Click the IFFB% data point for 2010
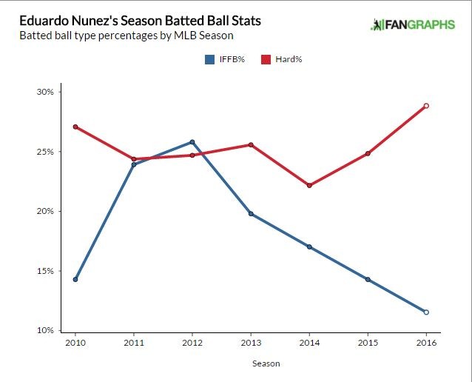75,279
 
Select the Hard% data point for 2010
75,127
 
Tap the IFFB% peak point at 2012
192,142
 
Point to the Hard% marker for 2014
309,185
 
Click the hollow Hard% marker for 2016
426,106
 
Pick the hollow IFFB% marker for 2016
426,312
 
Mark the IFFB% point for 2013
251,214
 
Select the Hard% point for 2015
368,153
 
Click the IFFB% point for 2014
309,247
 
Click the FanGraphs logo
412,25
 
